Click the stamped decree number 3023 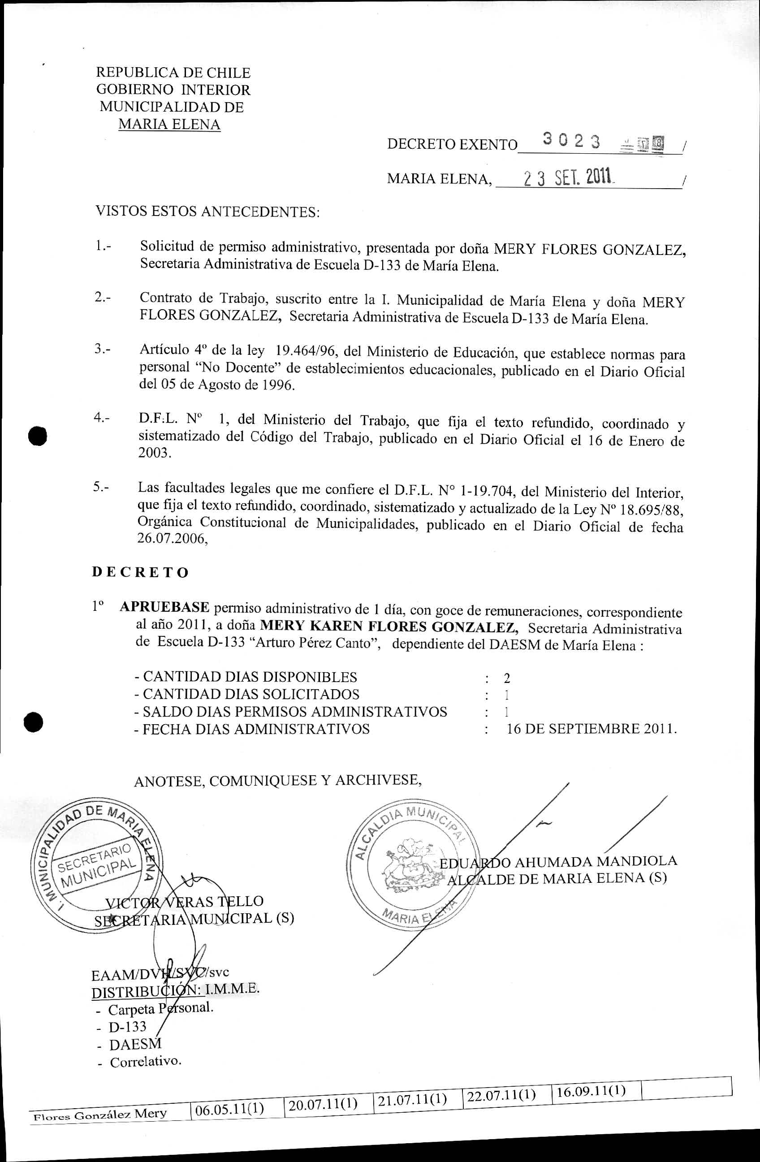click(x=571, y=141)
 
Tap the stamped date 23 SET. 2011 click(x=568, y=178)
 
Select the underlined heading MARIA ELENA click(x=169, y=124)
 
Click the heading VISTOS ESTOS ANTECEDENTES click(x=207, y=212)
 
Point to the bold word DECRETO click(x=140, y=572)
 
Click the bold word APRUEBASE click(x=164, y=607)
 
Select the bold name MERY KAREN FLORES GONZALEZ click(x=389, y=626)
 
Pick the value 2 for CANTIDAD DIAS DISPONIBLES click(x=507, y=678)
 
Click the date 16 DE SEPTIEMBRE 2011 click(x=591, y=729)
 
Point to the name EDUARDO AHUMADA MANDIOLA click(x=558, y=862)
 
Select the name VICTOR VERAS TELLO click(x=185, y=901)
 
